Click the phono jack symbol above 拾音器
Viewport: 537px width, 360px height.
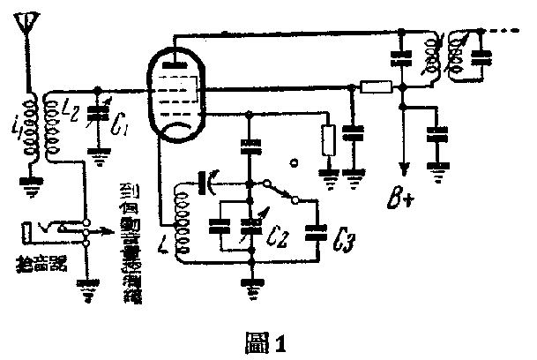(35, 235)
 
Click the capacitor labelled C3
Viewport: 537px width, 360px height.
(314, 234)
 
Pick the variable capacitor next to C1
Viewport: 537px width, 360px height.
(99, 123)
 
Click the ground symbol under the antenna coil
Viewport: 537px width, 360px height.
(28, 186)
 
